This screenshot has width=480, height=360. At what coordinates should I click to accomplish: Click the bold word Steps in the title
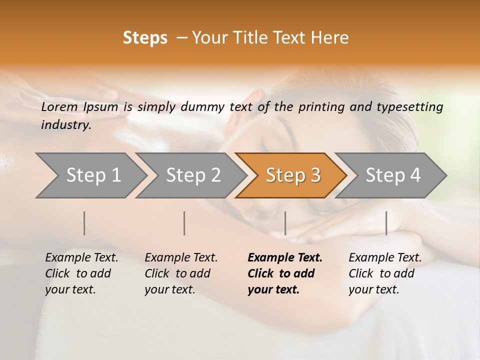145,38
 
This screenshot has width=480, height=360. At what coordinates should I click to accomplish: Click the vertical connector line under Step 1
84,223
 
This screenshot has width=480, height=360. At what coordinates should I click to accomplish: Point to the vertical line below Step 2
184,223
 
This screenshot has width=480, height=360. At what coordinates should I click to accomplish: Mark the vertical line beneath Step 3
285,223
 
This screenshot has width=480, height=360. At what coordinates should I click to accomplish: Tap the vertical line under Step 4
386,223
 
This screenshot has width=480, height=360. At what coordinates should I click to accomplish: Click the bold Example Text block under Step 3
284,273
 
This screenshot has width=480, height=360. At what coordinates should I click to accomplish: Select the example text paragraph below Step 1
81,273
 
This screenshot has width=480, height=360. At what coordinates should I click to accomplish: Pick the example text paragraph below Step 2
181,273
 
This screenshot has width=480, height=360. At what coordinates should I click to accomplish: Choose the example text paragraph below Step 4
385,273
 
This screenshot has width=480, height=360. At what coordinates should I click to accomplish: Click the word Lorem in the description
59,107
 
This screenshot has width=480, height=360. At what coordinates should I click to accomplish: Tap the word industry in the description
66,125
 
